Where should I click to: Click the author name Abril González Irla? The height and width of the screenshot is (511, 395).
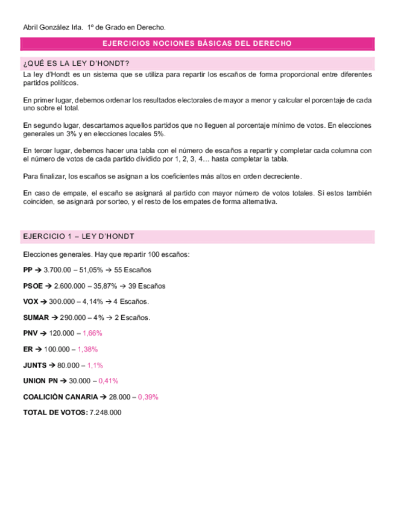pos(52,28)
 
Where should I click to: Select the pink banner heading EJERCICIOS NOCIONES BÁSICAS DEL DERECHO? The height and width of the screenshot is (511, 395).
pos(197,44)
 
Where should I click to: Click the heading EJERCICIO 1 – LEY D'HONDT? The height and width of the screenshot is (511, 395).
pos(78,236)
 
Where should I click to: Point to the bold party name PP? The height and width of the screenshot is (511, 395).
pos(28,270)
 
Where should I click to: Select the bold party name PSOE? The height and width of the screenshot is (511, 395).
pos(33,286)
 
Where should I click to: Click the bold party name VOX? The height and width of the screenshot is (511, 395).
pos(31,301)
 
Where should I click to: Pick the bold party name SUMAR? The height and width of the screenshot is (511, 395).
pos(36,317)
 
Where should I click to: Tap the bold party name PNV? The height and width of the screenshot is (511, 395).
pos(30,333)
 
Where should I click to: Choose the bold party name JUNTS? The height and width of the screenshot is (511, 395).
pos(34,365)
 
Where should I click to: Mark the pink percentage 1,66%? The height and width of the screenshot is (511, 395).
pos(92,333)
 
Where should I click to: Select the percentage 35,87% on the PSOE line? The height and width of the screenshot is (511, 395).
pos(121,286)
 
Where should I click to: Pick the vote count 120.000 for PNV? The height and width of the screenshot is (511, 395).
pos(62,333)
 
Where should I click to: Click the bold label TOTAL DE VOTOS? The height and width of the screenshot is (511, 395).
pos(54,412)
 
